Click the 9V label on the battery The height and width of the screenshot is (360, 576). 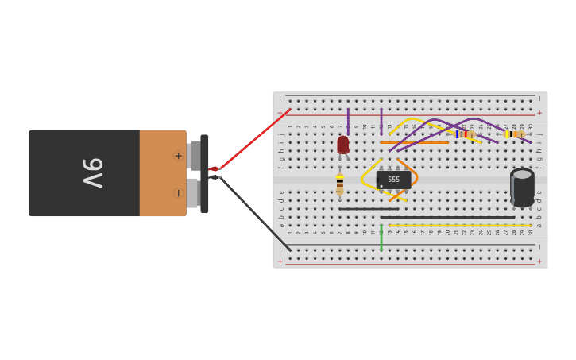tap(93, 173)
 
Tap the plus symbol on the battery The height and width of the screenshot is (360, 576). tap(178, 156)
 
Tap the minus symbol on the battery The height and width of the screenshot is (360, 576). tap(178, 193)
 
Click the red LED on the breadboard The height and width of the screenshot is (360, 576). tap(343, 144)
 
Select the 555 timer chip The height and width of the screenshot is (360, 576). tap(393, 180)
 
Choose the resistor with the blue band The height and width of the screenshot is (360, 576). tap(463, 134)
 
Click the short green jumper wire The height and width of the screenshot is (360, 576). tap(381, 238)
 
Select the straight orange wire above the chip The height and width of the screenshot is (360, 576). tap(413, 143)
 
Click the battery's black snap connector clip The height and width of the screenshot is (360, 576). tap(204, 173)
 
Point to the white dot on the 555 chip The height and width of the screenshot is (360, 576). tap(381, 186)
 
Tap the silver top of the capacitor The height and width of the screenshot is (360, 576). tap(522, 173)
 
